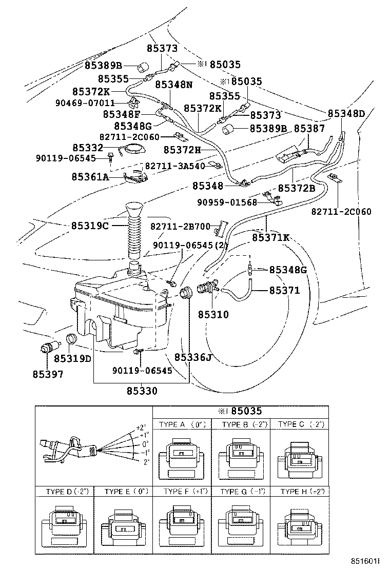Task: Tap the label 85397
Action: (x=47, y=374)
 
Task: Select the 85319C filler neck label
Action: (x=89, y=226)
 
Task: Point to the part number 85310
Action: (x=213, y=314)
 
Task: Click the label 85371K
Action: (x=270, y=237)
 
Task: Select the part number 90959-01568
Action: (x=227, y=202)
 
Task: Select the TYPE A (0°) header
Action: (x=182, y=424)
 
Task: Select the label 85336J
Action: (x=192, y=357)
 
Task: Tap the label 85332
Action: (x=88, y=148)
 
